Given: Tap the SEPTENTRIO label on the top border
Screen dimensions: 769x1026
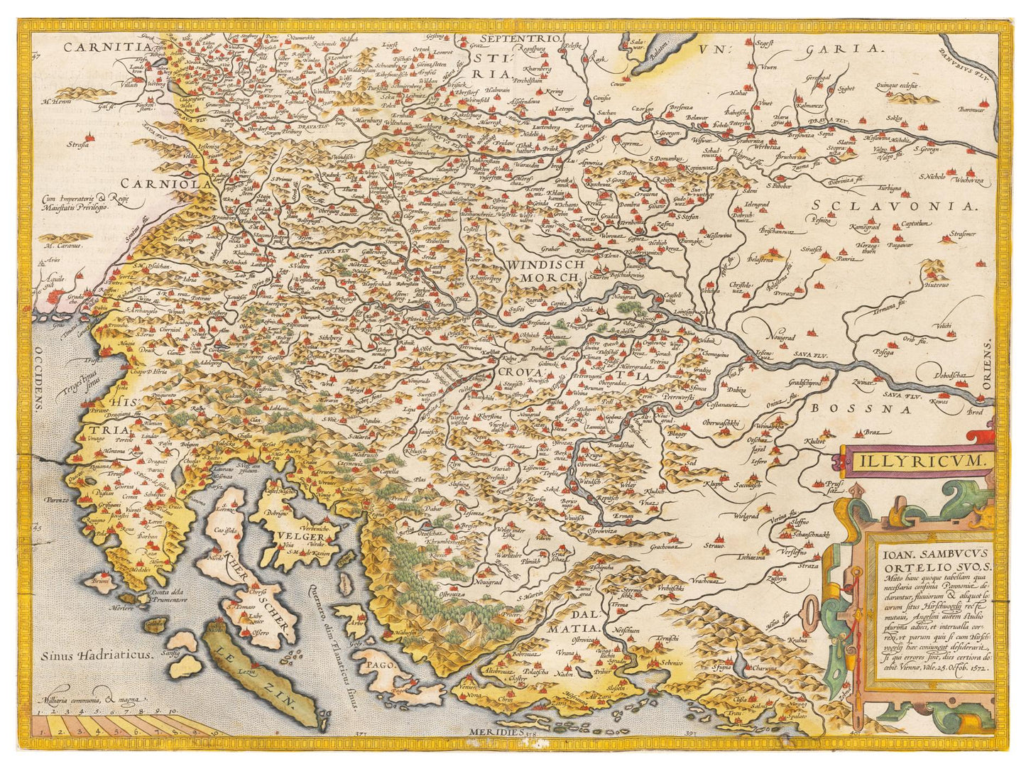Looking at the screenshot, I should pyautogui.click(x=520, y=38).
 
